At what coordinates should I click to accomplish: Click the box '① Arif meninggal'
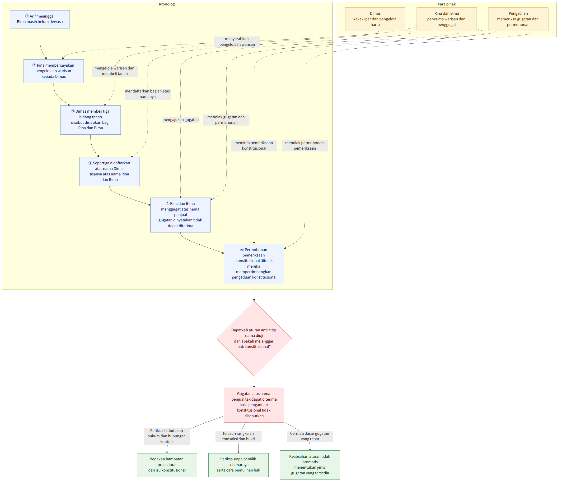[x=40, y=19]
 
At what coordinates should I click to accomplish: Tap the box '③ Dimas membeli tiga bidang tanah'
[x=91, y=120]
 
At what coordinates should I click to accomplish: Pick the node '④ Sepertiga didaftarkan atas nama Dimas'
[x=110, y=172]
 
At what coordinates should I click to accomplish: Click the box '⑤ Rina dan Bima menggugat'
[x=181, y=215]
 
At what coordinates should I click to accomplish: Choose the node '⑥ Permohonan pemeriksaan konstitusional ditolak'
[x=254, y=264]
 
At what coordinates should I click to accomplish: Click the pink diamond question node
[x=254, y=339]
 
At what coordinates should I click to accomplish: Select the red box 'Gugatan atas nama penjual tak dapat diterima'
[x=254, y=405]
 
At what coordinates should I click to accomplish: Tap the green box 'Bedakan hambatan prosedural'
[x=167, y=465]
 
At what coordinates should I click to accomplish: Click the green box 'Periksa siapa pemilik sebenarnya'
[x=239, y=465]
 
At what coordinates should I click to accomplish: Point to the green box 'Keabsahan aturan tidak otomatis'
[x=310, y=465]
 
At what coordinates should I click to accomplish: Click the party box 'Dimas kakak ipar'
[x=375, y=19]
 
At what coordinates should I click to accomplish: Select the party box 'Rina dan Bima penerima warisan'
[x=447, y=19]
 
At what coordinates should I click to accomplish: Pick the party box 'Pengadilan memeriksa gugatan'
[x=518, y=19]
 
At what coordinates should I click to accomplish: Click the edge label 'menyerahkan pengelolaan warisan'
[x=237, y=42]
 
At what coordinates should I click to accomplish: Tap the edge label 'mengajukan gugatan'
[x=181, y=120]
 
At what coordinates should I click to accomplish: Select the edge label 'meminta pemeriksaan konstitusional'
[x=254, y=146]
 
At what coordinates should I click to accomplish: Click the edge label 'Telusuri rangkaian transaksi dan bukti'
[x=239, y=436]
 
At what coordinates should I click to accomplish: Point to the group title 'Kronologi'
[x=167, y=4]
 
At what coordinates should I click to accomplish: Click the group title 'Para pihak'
[x=447, y=4]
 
